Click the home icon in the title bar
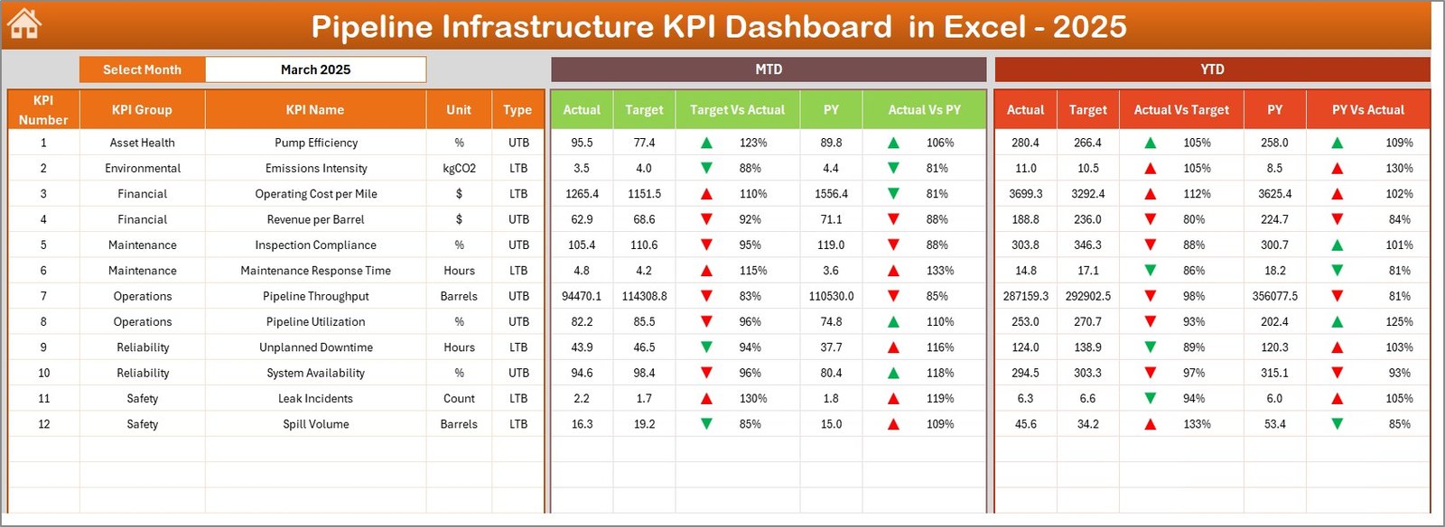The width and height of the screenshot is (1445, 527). pos(24,24)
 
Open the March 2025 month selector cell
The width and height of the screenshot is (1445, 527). pos(315,69)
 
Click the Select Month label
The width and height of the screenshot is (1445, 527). pos(142,69)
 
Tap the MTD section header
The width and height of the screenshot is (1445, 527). pos(769,69)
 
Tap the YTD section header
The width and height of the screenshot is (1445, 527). pos(1212,69)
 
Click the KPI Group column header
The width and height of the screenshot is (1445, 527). pos(142,110)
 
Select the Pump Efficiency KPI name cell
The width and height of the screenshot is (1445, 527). pos(316,143)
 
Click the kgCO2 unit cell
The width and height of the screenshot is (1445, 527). pos(459,168)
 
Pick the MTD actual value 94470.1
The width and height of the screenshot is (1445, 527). pos(582,296)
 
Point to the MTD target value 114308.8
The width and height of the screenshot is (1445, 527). pos(644,296)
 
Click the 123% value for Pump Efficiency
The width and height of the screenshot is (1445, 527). pos(753,143)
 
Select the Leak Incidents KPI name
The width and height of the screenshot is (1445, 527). pos(315,398)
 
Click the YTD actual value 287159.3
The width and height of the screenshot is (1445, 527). pos(1025,296)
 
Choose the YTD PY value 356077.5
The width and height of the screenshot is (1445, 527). pos(1274,296)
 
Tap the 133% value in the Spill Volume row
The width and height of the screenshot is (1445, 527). pos(1197,424)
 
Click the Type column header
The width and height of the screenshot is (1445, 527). pos(517,110)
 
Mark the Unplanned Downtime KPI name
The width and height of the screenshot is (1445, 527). pos(315,347)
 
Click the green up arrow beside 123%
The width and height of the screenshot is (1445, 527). pos(706,143)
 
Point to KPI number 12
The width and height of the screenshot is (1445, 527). pos(43,424)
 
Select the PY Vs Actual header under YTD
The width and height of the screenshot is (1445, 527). pos(1367,110)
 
